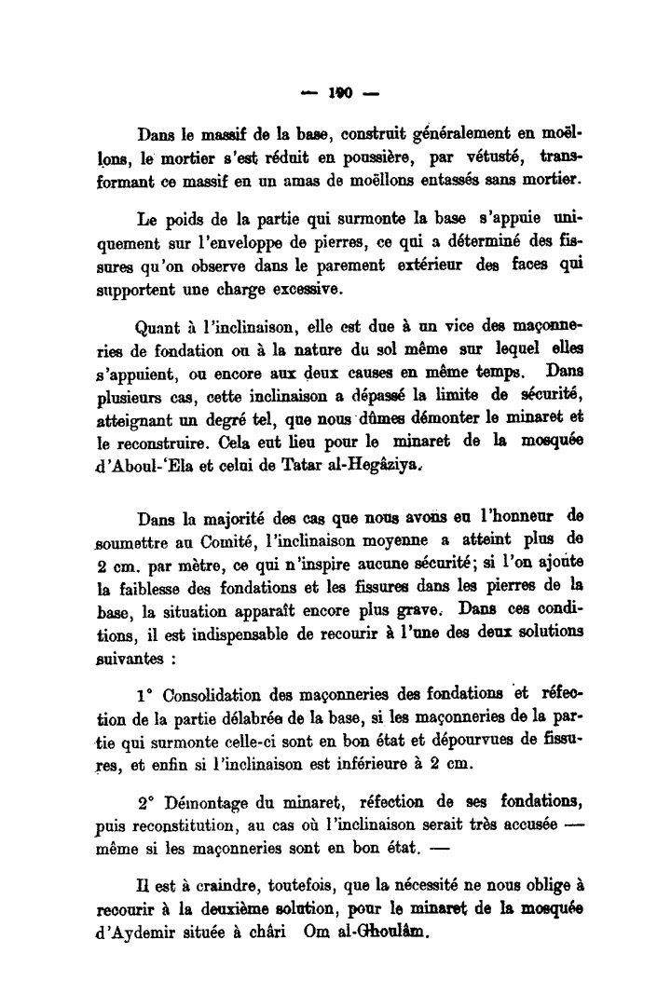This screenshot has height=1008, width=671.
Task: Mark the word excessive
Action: [x=280, y=288]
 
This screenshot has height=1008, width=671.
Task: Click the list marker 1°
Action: [x=145, y=695]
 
